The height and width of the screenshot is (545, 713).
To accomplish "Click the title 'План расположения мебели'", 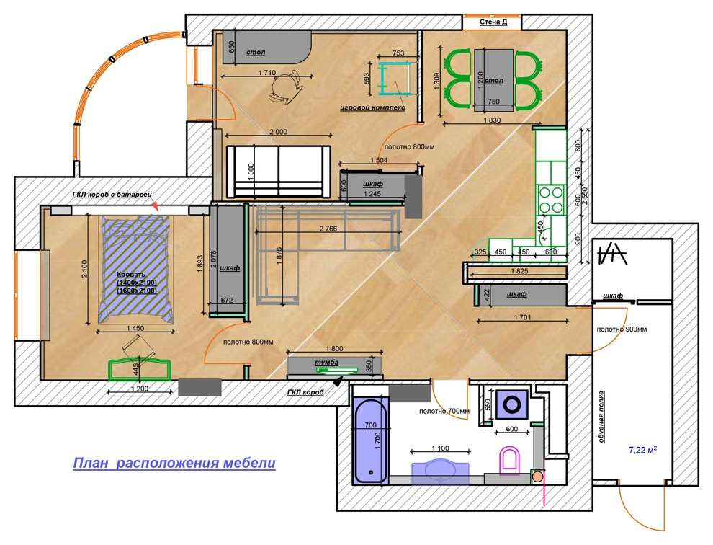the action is pos(174,463).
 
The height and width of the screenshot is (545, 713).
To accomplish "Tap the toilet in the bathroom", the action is pos(509,461).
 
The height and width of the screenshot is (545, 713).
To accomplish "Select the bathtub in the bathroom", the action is pos(371,440).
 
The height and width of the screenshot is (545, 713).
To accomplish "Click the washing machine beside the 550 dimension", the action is pos(512,404).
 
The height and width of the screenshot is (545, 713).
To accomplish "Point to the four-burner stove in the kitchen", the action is pos(551,200).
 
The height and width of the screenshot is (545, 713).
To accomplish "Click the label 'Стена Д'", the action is pos(493,22).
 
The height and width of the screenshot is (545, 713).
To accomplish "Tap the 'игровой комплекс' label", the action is pos(372,108).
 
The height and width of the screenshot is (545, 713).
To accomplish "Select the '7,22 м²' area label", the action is pos(642,450).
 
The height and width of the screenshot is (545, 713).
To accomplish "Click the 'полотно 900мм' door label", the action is pos(622,329).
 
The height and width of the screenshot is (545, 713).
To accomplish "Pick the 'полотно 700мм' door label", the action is pos(444,411).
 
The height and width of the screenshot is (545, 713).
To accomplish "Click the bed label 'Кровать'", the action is pos(131,275).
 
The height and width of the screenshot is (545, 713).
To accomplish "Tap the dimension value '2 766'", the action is pos(328,229).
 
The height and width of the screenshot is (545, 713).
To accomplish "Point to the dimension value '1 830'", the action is pos(492,120).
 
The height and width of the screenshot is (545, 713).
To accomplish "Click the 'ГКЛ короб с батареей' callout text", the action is pos(112,195).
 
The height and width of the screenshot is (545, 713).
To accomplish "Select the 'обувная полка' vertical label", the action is pos(601,417).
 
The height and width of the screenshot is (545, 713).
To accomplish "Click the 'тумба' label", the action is pos(326,363).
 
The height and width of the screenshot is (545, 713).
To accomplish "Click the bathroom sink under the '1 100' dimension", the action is pos(440,472).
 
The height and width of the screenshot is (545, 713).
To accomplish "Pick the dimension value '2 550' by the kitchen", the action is pos(586,197).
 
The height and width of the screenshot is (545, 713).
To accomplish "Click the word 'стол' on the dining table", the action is pos(494,81).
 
